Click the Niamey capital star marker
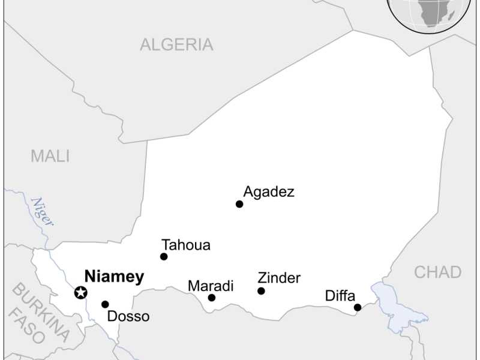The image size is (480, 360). tap(80, 293)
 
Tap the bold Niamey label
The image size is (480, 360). tap(114, 277)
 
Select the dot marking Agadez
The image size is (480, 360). tap(239, 204)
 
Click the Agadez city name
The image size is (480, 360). tap(269, 192)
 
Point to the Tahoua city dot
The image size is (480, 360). tap(164, 257)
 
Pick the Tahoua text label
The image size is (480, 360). tap(186, 245)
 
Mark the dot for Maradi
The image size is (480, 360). tap(212, 298)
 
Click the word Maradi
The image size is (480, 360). tap(211, 286)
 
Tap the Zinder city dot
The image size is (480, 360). tap(261, 291)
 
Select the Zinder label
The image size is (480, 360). tap(279, 278)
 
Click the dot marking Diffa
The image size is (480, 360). tap(358, 307)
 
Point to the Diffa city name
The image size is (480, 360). tap(340, 295)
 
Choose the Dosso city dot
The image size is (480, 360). tap(106, 304)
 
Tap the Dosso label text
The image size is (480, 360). tap(128, 316)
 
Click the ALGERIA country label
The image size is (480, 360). tap(176, 44)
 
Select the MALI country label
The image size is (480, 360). tap(50, 157)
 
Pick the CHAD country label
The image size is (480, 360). tap(438, 272)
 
